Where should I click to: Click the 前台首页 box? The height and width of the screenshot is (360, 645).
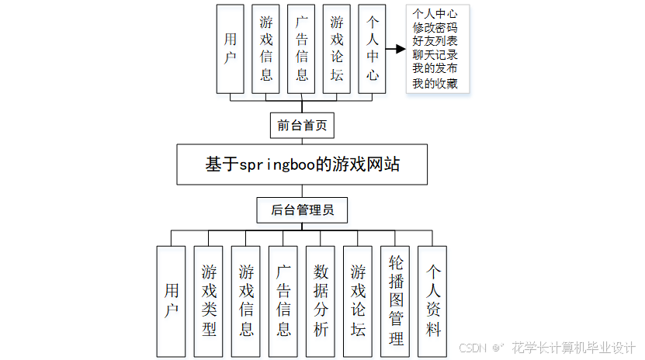click(302, 124)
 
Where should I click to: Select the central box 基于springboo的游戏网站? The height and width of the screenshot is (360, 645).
click(302, 164)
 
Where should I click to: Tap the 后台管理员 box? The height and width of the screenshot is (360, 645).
click(302, 209)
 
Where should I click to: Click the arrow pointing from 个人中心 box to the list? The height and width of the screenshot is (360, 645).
click(396, 49)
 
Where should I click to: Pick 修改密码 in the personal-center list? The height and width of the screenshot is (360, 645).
click(435, 27)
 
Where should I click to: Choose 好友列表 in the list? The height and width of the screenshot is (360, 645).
click(435, 41)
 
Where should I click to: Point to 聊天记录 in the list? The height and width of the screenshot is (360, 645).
click(435, 55)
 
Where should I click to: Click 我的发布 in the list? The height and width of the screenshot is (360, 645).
click(435, 69)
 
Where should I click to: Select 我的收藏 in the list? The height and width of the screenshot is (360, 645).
click(435, 83)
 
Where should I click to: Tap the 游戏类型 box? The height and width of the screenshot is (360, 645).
click(209, 300)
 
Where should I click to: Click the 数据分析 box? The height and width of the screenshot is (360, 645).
click(321, 300)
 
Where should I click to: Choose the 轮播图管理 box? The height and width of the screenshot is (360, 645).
click(395, 300)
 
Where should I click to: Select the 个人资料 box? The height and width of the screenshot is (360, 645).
click(432, 300)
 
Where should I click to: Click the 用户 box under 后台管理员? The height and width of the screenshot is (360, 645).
click(172, 300)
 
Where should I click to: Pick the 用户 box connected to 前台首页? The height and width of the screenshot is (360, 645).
click(231, 49)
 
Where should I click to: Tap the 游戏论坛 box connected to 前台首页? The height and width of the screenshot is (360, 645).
click(337, 49)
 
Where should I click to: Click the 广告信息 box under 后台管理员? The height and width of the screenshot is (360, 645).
click(283, 300)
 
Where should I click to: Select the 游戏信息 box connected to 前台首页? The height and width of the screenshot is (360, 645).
click(266, 49)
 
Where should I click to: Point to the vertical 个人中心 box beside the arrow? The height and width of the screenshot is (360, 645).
click(373, 49)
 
